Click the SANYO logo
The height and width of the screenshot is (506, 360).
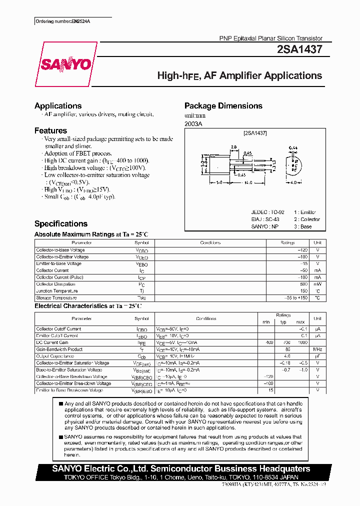pos(66,64)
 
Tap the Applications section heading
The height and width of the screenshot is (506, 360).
pos(58,105)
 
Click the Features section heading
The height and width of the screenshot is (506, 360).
pos(50,130)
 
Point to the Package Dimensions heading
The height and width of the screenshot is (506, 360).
pos(223,105)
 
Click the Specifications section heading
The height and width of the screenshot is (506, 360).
pos(61,223)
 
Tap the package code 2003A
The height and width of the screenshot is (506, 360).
pos(193,123)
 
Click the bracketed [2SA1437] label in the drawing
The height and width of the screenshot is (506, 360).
pos(255,133)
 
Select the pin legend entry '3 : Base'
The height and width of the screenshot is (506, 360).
pos(302,226)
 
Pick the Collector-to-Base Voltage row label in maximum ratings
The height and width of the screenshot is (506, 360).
pos(60,250)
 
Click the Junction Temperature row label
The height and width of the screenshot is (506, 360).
pos(57,290)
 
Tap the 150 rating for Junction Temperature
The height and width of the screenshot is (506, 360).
pos(303,290)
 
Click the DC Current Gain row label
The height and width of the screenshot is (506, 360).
pos(53,342)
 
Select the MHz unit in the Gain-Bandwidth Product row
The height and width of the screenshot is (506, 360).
pos(317,349)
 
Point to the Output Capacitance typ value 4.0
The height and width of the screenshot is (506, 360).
pos(287,356)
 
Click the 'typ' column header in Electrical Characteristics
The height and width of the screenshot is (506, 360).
pos(283,321)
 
